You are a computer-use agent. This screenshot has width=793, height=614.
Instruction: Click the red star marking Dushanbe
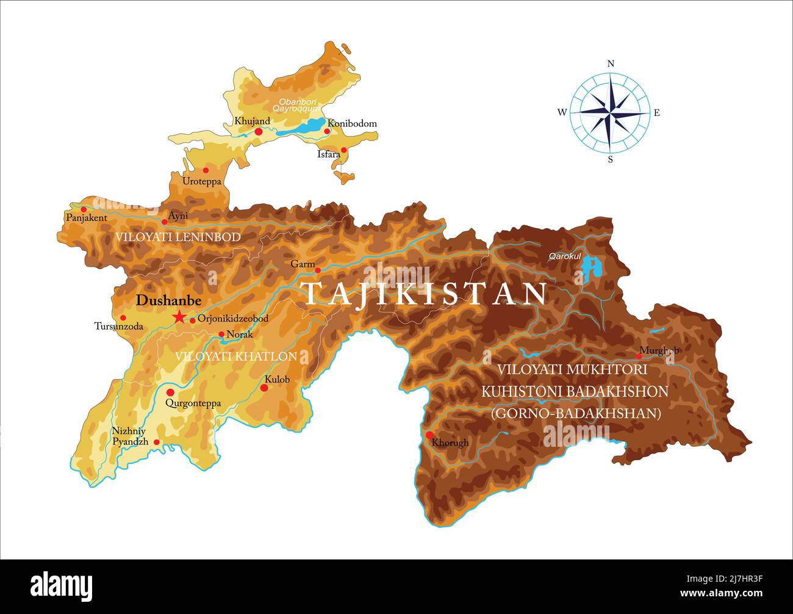point(179,317)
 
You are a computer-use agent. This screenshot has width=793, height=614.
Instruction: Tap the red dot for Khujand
point(259,131)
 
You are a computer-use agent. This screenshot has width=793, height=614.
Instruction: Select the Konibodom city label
point(353,123)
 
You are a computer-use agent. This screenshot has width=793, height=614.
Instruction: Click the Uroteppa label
point(202,181)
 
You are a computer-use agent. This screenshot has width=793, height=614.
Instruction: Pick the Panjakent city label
point(86,218)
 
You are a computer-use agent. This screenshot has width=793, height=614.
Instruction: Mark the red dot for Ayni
point(164,222)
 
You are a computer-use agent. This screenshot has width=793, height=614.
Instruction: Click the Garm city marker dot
point(317,270)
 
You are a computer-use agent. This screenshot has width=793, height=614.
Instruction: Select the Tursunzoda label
point(119,327)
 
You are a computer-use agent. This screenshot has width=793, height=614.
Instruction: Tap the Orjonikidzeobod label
point(233,319)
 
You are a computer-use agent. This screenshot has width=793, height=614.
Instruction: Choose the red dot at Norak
point(221,334)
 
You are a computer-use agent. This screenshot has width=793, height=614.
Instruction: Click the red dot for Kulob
point(264,388)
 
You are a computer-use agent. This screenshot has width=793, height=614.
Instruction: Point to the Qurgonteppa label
point(193,403)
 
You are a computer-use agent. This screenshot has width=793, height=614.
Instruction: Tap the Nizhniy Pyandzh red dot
point(157,442)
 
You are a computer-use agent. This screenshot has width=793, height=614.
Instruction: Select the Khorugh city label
point(450,443)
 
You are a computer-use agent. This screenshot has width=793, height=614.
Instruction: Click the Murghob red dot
point(639,356)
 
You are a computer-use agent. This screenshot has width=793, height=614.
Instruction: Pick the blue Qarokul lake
point(589,267)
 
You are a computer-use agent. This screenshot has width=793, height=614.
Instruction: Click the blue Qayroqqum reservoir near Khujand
point(303,127)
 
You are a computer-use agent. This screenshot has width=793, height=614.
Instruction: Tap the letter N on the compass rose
point(611,63)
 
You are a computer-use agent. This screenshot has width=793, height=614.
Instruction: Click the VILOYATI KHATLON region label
point(236,356)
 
